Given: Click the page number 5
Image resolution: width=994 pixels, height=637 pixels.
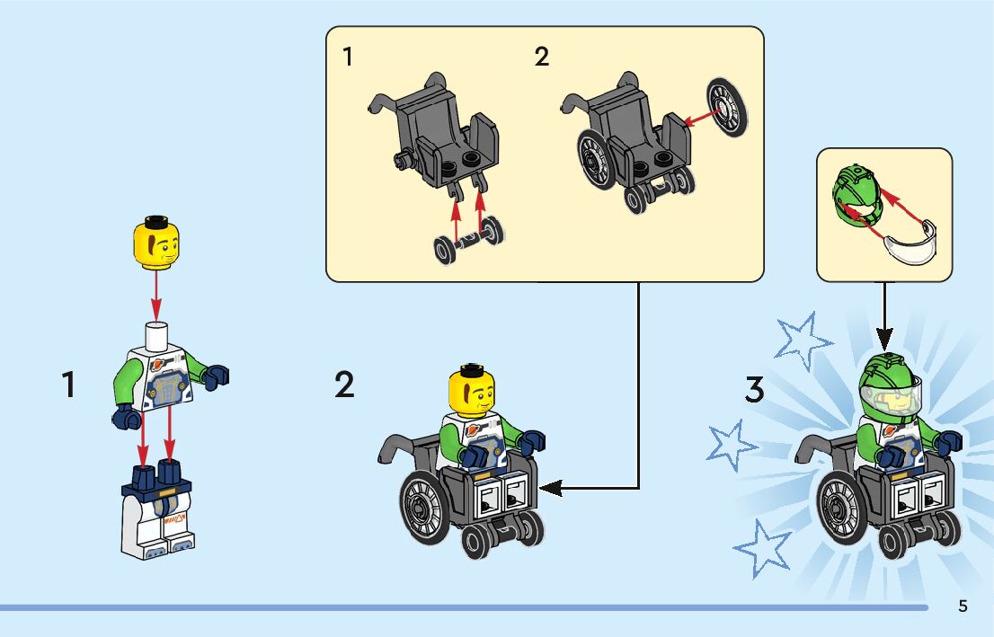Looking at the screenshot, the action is [963, 606].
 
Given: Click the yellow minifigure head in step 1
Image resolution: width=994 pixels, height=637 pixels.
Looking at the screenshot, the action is [156, 243].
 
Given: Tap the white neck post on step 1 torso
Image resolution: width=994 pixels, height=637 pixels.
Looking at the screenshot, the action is [156, 335].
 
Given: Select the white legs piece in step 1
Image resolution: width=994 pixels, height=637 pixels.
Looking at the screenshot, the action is [157, 511].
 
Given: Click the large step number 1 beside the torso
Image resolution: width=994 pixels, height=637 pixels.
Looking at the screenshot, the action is [68, 385].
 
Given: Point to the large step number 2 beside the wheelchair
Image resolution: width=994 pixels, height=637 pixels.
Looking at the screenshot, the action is [344, 385].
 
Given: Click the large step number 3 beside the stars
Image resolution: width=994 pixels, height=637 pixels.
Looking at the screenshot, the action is [754, 389].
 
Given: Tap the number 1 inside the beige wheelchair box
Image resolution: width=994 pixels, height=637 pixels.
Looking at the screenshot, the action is [348, 57].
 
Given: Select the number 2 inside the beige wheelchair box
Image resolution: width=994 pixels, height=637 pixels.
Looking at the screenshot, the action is [541, 57].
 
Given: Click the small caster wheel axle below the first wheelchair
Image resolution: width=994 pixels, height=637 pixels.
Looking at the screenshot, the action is [469, 240].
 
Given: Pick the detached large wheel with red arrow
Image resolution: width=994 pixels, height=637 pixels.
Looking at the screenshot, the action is [727, 107].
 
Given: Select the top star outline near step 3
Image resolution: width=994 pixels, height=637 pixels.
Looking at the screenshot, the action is [802, 341].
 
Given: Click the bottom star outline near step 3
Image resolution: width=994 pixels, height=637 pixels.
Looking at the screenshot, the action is [764, 548].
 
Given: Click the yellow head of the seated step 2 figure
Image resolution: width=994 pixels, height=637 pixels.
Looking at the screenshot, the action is [472, 391].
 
